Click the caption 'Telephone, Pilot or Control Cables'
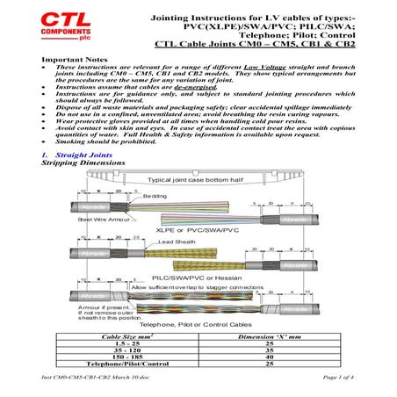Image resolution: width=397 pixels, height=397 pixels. point(198,322)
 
